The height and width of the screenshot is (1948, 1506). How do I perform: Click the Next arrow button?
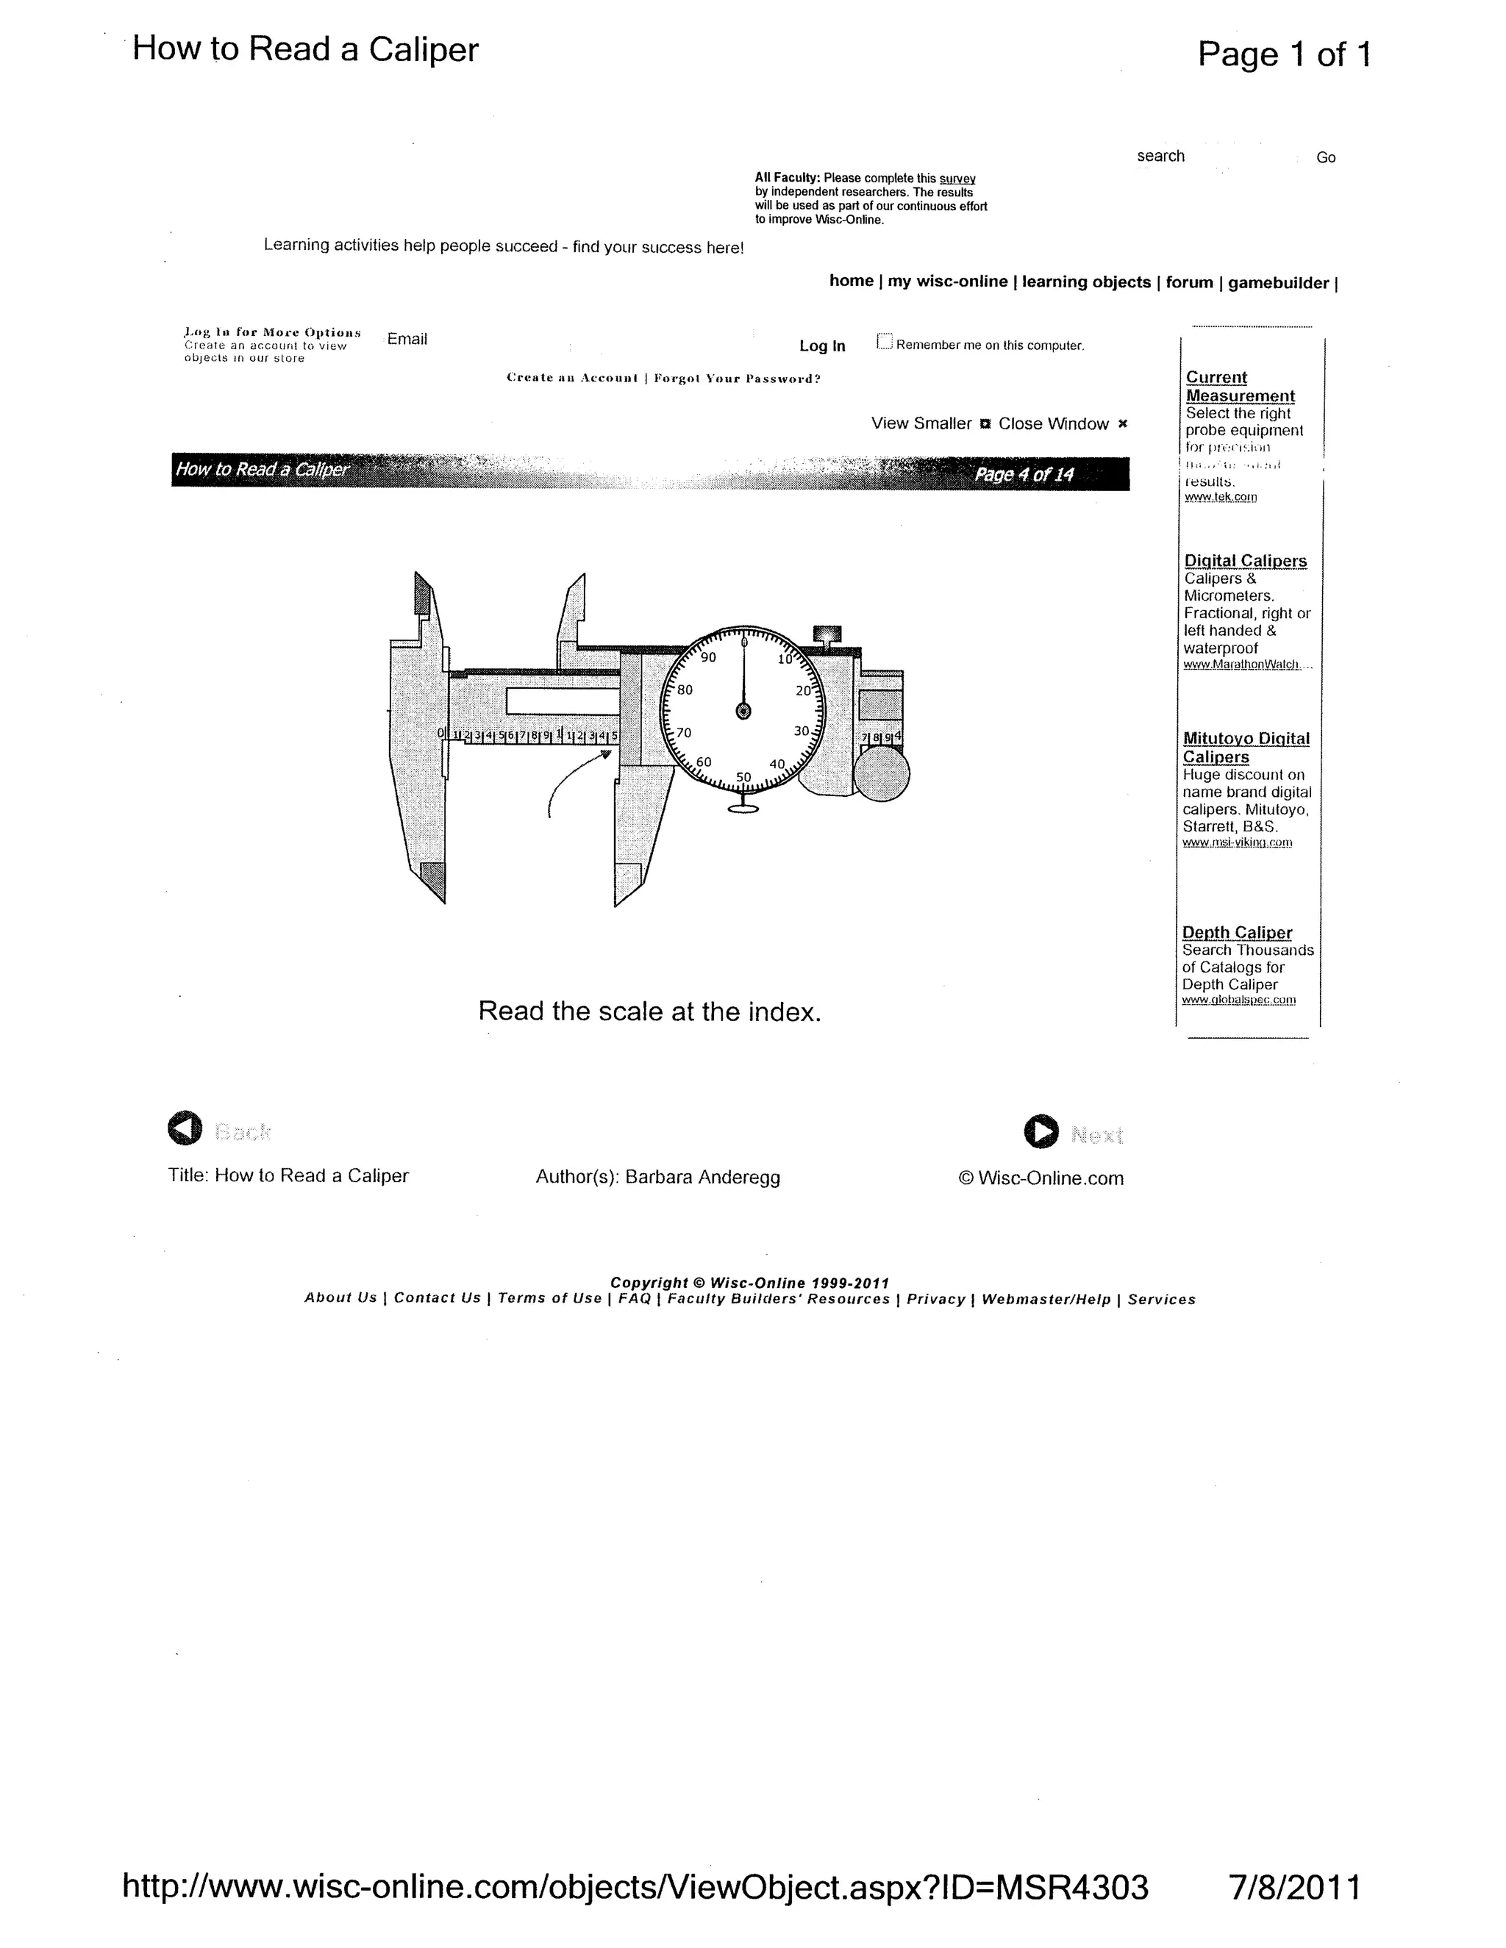pos(1041,1131)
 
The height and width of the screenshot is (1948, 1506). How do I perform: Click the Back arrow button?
pos(185,1128)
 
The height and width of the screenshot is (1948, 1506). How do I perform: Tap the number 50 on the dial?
pos(744,777)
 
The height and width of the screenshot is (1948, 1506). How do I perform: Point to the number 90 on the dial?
pos(708,658)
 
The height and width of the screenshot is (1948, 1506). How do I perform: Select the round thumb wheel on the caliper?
pos(882,773)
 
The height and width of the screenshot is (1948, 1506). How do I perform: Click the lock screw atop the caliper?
pos(827,635)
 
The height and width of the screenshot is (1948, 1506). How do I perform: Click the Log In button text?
pos(821,346)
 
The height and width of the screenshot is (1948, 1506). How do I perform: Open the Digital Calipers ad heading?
pos(1246,561)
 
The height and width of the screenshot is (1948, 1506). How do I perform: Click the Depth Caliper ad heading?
pos(1237,932)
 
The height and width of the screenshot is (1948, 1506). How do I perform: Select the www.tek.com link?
pos(1221,497)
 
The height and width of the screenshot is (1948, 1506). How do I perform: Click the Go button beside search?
pos(1326,158)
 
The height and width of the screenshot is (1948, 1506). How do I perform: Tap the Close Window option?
pos(1054,423)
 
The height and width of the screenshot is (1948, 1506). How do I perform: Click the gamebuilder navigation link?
pos(1277,283)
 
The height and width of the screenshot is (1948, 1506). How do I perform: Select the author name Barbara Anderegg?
pos(702,1178)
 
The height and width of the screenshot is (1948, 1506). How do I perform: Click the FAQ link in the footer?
pos(635,1299)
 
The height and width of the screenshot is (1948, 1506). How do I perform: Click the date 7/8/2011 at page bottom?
pos(1293,1887)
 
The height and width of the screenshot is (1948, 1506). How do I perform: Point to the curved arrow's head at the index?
pos(606,755)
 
